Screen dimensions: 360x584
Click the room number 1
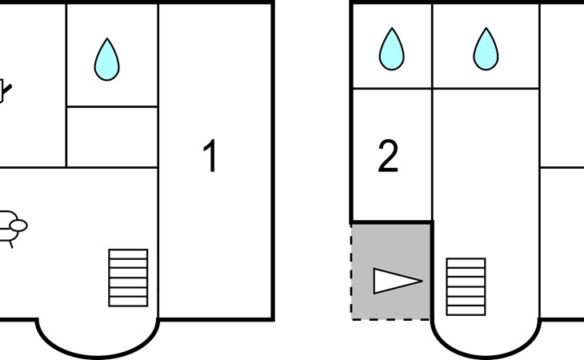coord(210,157)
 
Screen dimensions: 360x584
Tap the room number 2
coord(388,158)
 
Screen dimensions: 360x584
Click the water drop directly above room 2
coord(391,49)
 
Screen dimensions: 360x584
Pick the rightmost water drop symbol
coord(486,49)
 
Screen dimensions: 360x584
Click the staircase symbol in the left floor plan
coord(128,278)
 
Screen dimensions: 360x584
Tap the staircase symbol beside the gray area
coord(466,286)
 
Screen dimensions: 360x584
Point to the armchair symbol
coord(11,226)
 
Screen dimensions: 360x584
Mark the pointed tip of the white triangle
coord(419,280)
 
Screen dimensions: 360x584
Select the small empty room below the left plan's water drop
coord(111,137)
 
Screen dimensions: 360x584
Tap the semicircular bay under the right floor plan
coord(486,340)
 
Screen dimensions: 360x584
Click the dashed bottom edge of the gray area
coord(391,319)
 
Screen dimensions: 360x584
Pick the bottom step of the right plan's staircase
coord(466,310)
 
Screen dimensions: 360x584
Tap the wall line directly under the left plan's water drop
coord(111,106)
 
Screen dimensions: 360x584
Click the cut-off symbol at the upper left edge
coord(6,90)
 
